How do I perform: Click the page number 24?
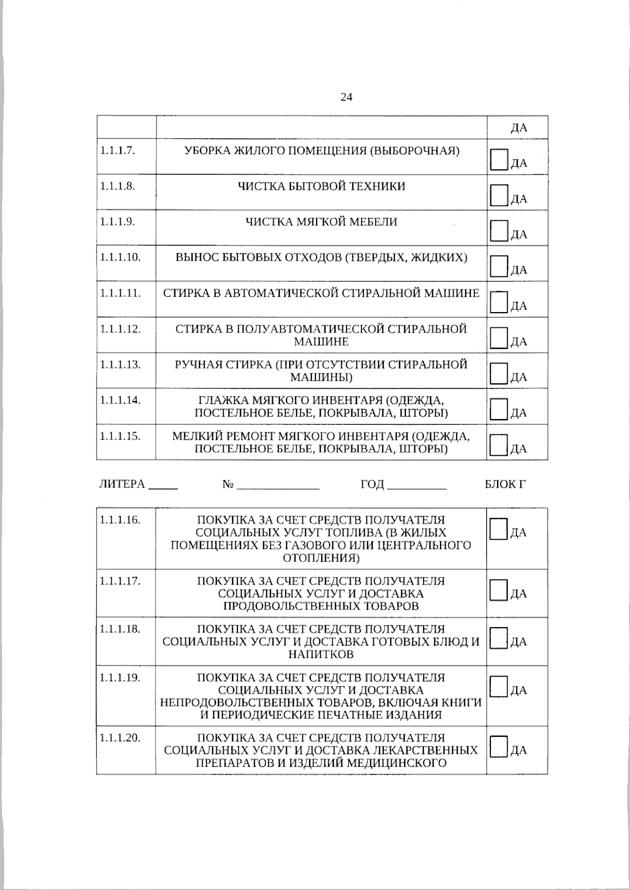[x=346, y=97]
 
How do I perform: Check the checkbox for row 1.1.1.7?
[x=498, y=159]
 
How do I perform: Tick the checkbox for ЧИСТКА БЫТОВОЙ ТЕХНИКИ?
[x=498, y=195]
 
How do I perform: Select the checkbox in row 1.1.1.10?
[x=498, y=266]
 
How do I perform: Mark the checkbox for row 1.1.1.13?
[x=498, y=373]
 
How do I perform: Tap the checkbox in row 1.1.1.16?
[x=498, y=529]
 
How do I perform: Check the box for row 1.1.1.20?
[x=498, y=746]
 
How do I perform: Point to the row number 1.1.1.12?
[x=120, y=329]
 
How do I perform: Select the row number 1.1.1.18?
[x=120, y=629]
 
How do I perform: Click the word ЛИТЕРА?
[x=122, y=485]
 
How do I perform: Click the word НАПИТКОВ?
[x=321, y=655]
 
